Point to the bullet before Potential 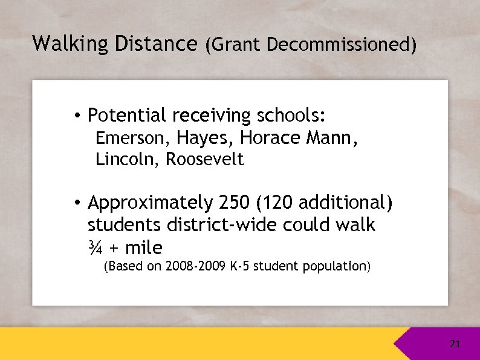[x=79, y=116]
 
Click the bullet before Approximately [x=79, y=203]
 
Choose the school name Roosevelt [x=205, y=160]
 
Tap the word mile [x=143, y=247]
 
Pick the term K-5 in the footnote [x=241, y=266]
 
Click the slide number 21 [x=455, y=344]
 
